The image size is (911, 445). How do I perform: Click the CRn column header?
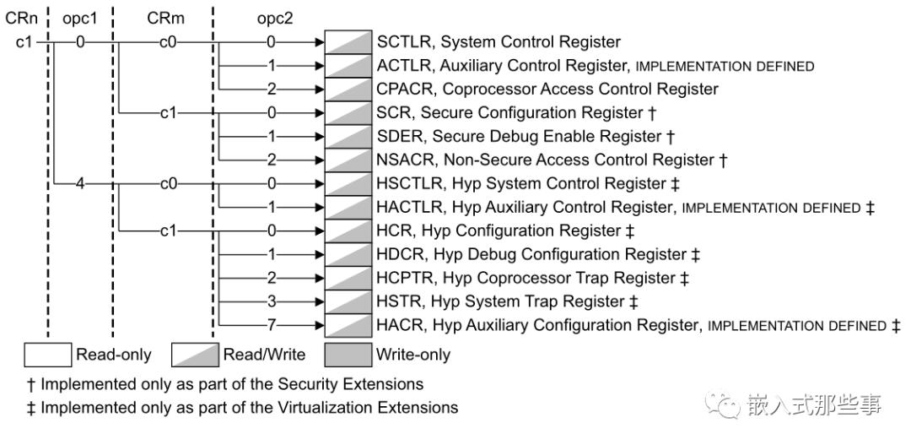pos(21,18)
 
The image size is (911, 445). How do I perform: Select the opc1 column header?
pos(79,19)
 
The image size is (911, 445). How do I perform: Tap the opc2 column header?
pos(275,19)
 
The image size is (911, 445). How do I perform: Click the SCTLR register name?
pos(403,42)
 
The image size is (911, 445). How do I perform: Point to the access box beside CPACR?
pos(348,89)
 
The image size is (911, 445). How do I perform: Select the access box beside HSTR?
pos(348,301)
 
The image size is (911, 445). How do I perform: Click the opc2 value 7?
pos(272,325)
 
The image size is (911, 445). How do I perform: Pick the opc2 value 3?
pos(272,301)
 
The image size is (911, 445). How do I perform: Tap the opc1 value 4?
pos(79,184)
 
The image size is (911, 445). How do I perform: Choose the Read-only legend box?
pos(47,355)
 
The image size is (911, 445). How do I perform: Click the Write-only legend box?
pos(348,355)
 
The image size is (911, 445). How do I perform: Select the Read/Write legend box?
pos(195,355)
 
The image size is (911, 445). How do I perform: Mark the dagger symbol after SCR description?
pos(652,113)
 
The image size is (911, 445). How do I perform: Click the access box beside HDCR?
pos(348,254)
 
